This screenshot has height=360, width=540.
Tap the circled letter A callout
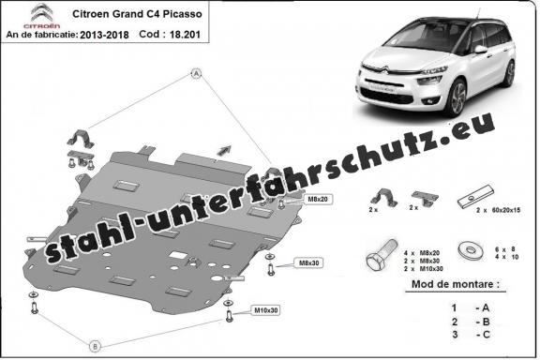197,72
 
